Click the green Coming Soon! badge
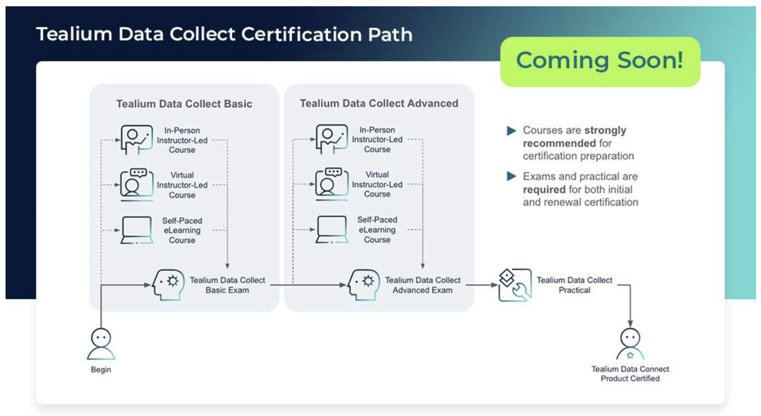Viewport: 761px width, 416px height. (600, 62)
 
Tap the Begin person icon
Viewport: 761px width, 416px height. (101, 344)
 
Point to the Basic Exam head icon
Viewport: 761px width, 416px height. (169, 285)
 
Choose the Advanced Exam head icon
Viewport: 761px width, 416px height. (363, 285)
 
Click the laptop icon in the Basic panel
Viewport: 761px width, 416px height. (137, 230)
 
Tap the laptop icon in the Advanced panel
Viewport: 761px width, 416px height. (332, 230)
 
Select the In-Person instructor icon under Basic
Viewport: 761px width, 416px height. (137, 140)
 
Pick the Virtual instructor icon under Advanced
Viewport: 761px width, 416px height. (332, 184)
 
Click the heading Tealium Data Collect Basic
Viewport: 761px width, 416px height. (184, 104)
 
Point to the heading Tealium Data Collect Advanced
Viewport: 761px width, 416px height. (379, 103)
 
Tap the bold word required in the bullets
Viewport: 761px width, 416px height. (544, 190)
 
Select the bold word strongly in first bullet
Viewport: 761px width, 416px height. (605, 130)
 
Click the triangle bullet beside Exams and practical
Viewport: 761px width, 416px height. (511, 176)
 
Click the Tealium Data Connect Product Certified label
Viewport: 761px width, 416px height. (630, 374)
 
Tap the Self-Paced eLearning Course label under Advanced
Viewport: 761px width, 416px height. (377, 230)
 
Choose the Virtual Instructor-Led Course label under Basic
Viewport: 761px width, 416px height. (182, 185)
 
